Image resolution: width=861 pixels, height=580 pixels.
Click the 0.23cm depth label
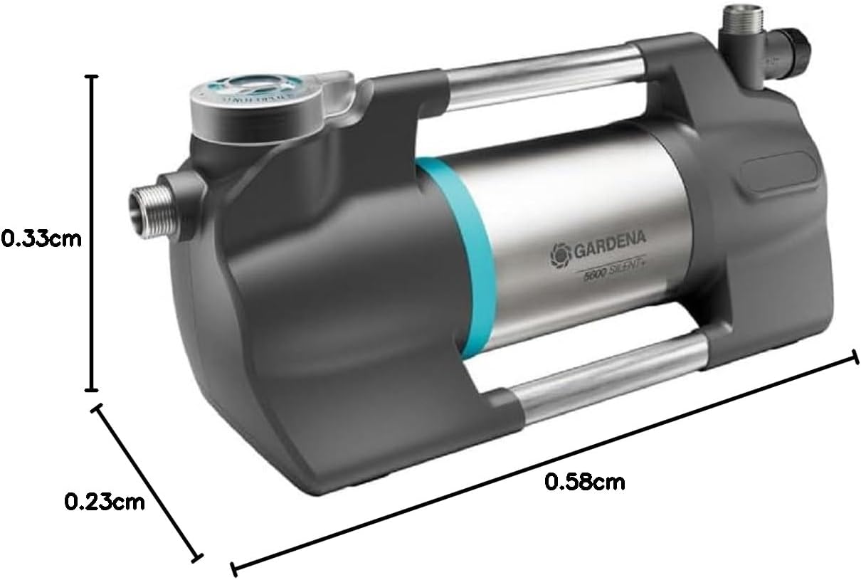105,502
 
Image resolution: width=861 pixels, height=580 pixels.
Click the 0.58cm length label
584,482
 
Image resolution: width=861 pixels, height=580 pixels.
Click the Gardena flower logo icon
559,251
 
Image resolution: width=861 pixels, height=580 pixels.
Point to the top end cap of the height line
91,76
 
